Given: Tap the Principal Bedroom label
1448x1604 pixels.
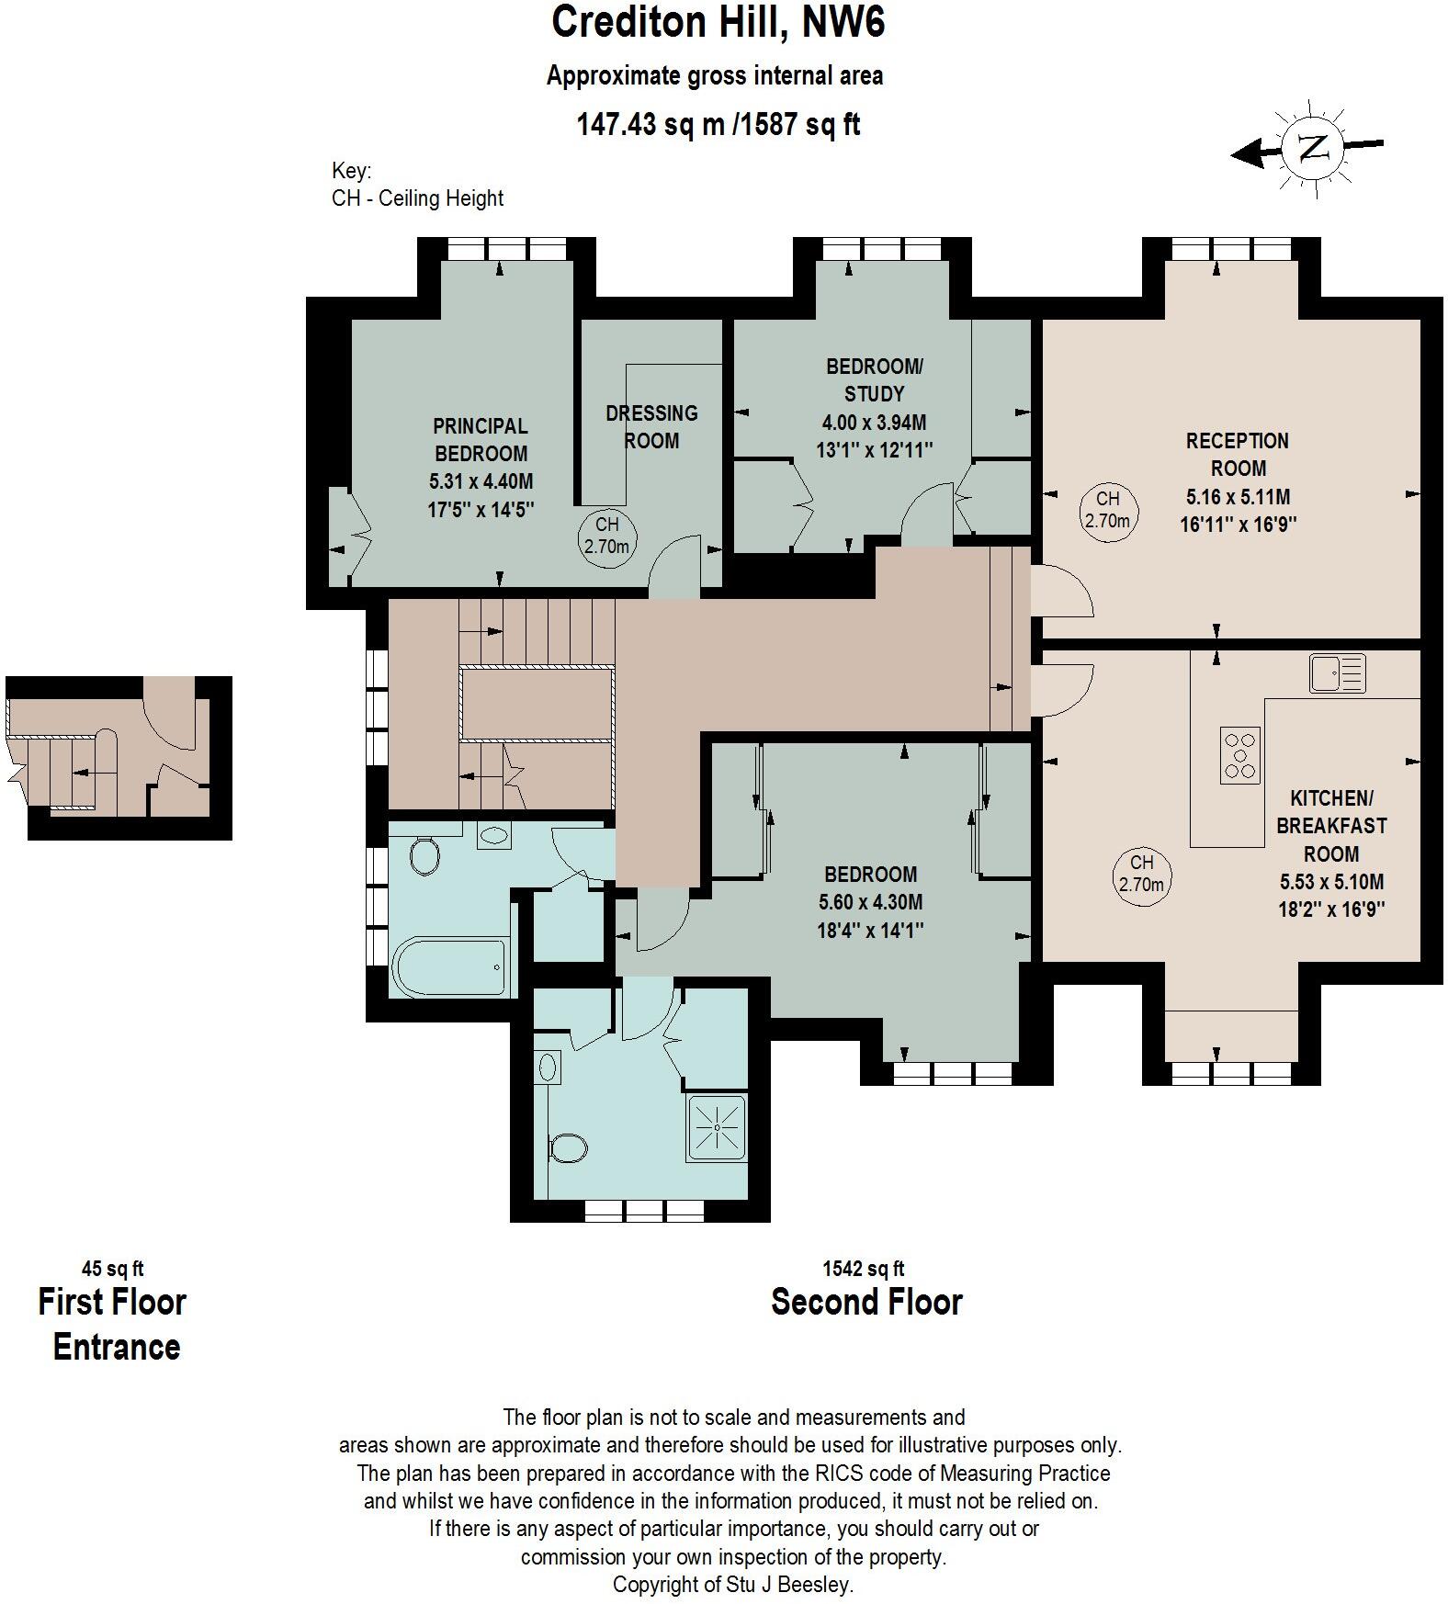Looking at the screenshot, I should coord(481,440).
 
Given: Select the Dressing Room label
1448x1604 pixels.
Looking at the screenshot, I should coord(651,426).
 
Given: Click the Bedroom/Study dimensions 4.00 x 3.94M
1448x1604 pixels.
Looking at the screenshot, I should coord(874,423).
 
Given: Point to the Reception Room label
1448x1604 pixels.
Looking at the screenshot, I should coord(1237,454).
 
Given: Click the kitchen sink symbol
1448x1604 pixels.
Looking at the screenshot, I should coord(1337,672).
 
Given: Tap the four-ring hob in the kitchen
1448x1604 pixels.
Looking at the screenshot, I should coord(1239,754).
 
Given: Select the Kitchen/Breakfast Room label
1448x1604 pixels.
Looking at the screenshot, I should coord(1331,825).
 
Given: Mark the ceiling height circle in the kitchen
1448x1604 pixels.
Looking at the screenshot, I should coord(1141,874).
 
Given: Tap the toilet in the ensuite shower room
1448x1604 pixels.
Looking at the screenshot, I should coord(568,1148).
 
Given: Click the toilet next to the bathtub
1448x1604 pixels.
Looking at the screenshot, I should coord(424,855).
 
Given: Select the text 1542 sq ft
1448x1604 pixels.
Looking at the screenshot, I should coord(863,1269).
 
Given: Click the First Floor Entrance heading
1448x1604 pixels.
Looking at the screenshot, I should coord(113,1324).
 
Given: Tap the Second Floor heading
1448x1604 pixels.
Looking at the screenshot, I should coord(865,1302).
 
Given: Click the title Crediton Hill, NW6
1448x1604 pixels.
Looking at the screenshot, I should coord(718,22).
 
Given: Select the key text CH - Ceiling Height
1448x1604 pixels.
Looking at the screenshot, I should coord(417,198).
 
